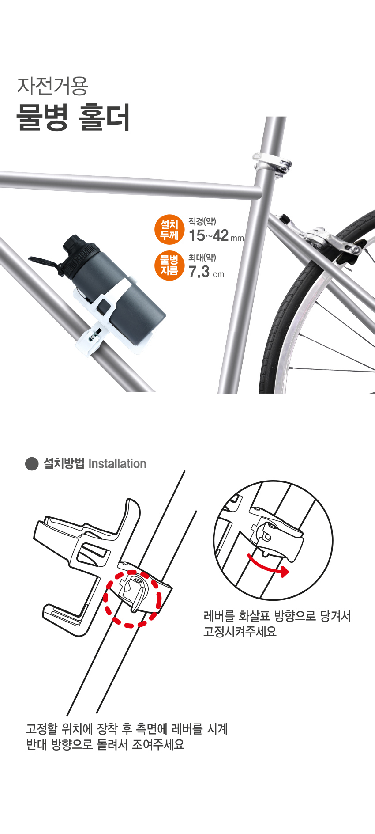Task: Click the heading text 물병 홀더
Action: coord(73,117)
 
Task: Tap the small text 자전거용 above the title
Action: coord(53,86)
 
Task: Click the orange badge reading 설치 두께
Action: coord(169,230)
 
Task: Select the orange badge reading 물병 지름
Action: coord(169,265)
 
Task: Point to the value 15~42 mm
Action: coord(216,236)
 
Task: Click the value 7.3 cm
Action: coord(206,272)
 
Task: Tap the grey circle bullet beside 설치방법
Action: coord(32,464)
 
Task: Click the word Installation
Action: coord(117,464)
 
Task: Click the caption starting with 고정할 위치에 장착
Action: coord(127,736)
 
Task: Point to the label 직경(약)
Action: coord(202,221)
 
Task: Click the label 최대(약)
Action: coord(202,257)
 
